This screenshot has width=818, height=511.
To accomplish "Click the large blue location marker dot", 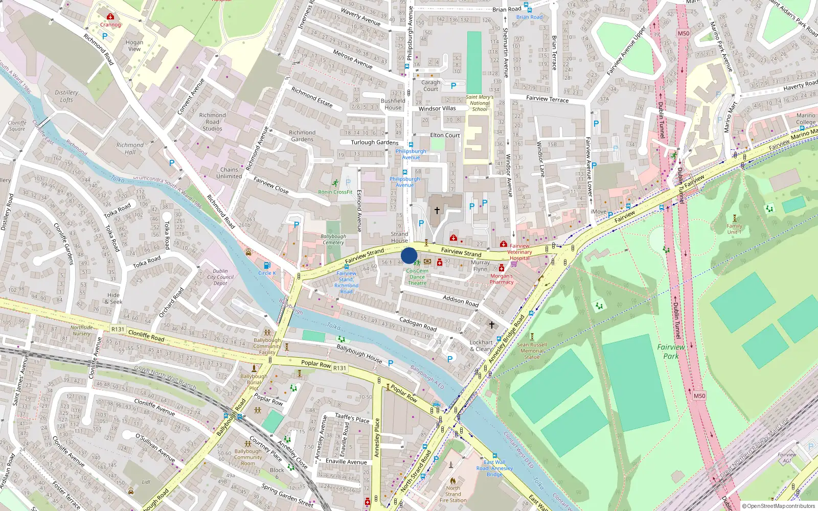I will (409, 255).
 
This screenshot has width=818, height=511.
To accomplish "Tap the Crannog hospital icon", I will (110, 17).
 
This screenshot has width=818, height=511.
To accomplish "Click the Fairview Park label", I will (671, 352).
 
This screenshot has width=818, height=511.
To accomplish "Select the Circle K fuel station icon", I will (266, 265).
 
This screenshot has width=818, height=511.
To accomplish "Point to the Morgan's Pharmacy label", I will (501, 279).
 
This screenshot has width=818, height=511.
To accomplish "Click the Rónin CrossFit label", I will (335, 192).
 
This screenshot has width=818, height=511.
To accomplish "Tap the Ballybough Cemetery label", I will (333, 239).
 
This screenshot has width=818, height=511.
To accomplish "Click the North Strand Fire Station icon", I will (453, 481).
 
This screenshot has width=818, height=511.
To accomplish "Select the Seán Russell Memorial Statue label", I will (532, 351).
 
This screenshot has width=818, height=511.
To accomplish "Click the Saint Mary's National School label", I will (480, 103).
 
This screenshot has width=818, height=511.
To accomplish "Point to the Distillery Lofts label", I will (66, 96).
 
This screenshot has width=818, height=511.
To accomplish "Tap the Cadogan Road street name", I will (418, 324).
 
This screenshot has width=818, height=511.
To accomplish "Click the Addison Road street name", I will (461, 300).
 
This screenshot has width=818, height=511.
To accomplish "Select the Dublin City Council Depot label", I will (220, 277).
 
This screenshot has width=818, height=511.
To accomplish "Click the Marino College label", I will (806, 119).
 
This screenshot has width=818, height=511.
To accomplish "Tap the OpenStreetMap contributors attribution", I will (778, 506).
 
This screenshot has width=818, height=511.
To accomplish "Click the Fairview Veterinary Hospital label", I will (519, 252).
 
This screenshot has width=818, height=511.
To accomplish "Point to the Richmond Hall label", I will (130, 148).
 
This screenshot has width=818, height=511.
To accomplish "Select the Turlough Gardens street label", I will (374, 143).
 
